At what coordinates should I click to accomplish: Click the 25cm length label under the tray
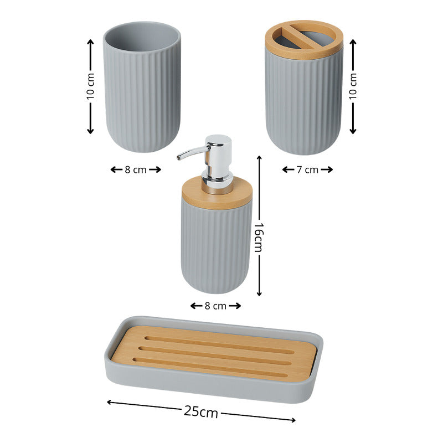pos(201,412)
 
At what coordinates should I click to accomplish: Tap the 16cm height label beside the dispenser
pos(259,238)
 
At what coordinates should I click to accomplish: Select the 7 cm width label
pos(307,169)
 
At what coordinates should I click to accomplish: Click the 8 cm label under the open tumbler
pos(136,169)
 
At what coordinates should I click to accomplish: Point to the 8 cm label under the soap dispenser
pos(215,306)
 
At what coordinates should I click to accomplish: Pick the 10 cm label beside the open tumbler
pos(90,86)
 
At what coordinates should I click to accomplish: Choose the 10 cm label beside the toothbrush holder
pos(353,86)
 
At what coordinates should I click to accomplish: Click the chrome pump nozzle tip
pos(179,157)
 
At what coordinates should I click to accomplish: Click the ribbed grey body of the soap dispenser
pos(216,249)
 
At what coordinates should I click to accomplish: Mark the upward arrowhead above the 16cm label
pos(259,158)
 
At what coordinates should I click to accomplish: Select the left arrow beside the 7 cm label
pos(288,169)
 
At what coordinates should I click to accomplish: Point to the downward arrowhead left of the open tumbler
pos(90,131)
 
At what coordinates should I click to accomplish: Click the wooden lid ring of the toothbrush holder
pos(304,54)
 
